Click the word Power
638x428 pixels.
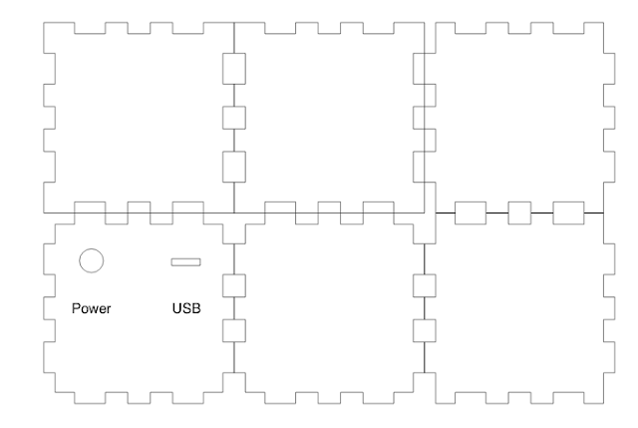tap(92, 308)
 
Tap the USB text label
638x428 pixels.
tap(186, 308)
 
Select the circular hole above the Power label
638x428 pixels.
tap(91, 260)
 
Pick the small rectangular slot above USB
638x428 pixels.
tap(185, 262)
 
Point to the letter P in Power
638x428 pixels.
tap(77, 308)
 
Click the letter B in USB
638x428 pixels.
tap(196, 308)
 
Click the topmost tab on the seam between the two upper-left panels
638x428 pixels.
tap(233, 69)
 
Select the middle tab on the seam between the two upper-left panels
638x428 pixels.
tap(233, 117)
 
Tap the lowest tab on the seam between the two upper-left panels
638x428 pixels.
tap(233, 165)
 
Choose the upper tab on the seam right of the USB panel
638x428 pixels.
tap(233, 284)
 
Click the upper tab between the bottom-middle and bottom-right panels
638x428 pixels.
tap(424, 284)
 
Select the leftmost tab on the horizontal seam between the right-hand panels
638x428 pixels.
tap(471, 213)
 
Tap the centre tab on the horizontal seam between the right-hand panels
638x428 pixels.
tap(519, 213)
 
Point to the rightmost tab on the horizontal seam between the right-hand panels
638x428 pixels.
tap(567, 213)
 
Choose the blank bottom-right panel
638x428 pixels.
tap(519, 309)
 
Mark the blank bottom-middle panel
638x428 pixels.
tap(329, 309)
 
